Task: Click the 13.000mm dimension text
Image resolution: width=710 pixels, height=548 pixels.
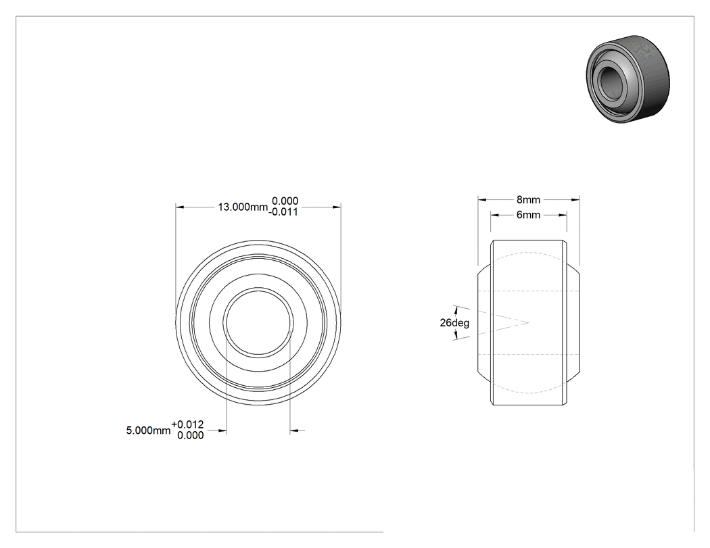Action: point(243,207)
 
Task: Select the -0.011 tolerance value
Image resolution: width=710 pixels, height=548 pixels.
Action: point(283,211)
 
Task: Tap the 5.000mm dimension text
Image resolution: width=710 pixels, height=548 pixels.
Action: point(148,430)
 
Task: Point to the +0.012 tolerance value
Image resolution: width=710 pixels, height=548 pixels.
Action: point(187,424)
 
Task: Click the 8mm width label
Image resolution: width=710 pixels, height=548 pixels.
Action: point(528,199)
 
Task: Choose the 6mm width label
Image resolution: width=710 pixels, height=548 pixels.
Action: point(528,215)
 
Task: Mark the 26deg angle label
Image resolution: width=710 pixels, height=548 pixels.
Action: point(454,322)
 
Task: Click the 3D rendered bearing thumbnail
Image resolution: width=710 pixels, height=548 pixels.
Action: point(628,78)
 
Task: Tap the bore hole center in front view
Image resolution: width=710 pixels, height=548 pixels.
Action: point(258,322)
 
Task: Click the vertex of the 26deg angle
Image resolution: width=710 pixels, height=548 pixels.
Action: point(528,322)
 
